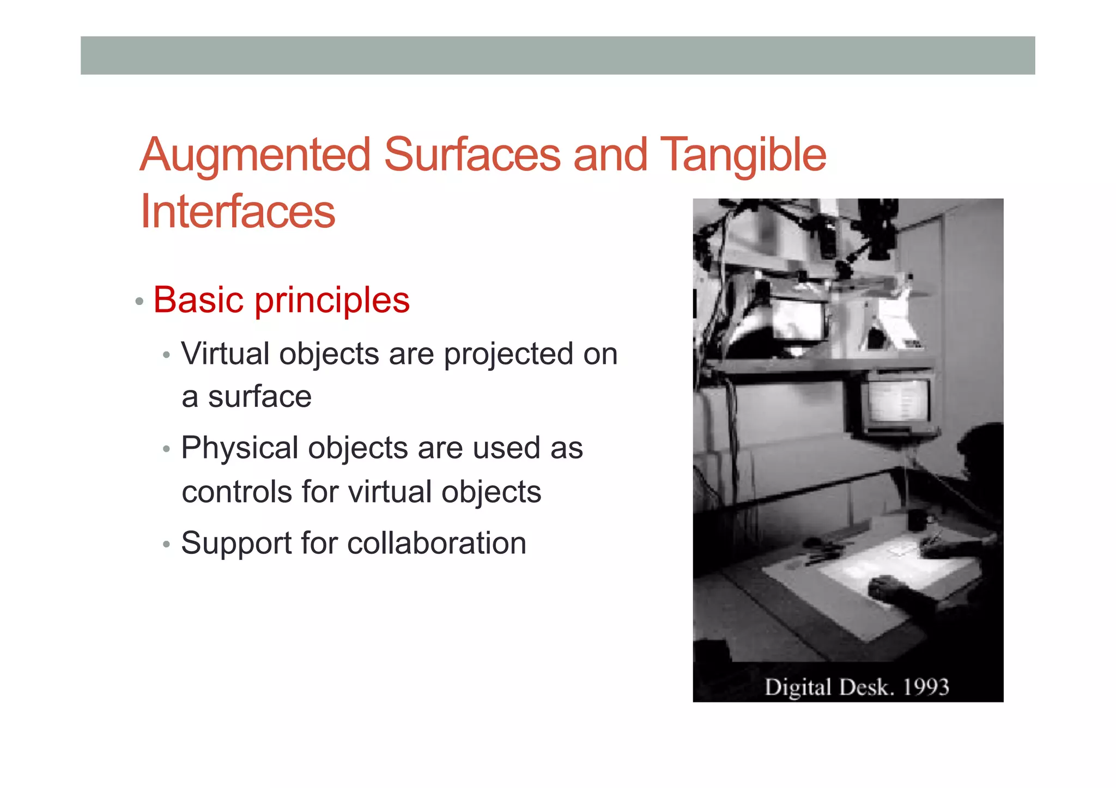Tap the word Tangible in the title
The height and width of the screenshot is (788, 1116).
(743, 155)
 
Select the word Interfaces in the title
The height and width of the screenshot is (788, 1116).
(238, 211)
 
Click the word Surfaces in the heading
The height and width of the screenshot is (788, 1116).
(472, 155)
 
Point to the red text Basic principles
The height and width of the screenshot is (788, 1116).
(281, 300)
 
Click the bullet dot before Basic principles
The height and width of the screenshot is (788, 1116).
(139, 301)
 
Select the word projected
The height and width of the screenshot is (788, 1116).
(508, 355)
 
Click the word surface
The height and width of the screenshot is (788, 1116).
(259, 396)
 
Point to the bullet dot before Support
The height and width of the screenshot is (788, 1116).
(167, 544)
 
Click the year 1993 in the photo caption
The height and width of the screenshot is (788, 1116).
(926, 687)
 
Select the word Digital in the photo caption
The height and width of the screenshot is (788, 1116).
(798, 687)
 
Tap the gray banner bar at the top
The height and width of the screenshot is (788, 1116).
(557, 56)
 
